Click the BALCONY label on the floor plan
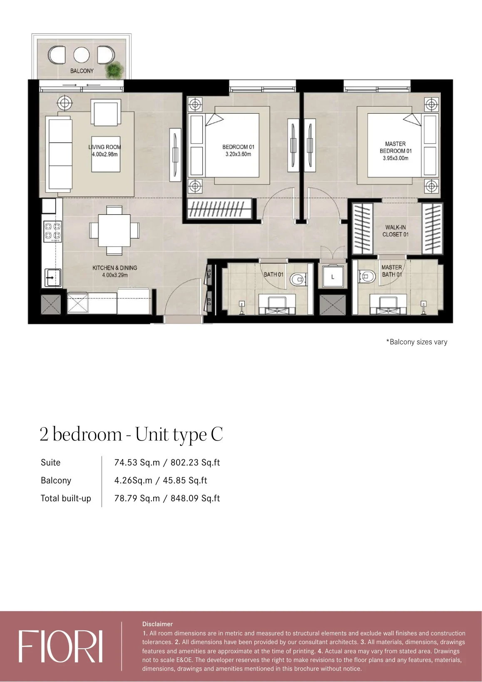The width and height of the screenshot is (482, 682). pyautogui.click(x=82, y=71)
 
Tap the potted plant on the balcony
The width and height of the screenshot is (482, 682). pyautogui.click(x=114, y=70)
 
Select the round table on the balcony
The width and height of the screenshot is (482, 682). pyautogui.click(x=82, y=55)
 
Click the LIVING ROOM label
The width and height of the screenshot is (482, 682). pyautogui.click(x=104, y=147)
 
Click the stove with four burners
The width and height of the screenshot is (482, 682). pyautogui.click(x=52, y=231)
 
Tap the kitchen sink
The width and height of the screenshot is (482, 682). pyautogui.click(x=52, y=278)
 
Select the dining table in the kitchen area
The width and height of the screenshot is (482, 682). pyautogui.click(x=114, y=231)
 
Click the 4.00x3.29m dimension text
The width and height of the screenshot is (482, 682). pyautogui.click(x=115, y=275)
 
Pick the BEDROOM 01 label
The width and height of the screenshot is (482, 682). pyautogui.click(x=238, y=147)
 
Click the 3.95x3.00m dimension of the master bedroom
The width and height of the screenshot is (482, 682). pyautogui.click(x=395, y=158)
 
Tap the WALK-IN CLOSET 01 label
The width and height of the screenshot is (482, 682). pyautogui.click(x=395, y=231)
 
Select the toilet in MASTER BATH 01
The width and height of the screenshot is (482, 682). pyautogui.click(x=367, y=276)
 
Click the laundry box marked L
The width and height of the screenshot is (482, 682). pyautogui.click(x=333, y=277)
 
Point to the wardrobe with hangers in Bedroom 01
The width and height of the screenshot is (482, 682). pyautogui.click(x=220, y=209)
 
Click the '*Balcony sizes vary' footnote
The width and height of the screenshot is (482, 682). pyautogui.click(x=417, y=342)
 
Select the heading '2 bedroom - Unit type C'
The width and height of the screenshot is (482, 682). pyautogui.click(x=132, y=434)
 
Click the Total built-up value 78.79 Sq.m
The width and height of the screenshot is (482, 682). pyautogui.click(x=137, y=498)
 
